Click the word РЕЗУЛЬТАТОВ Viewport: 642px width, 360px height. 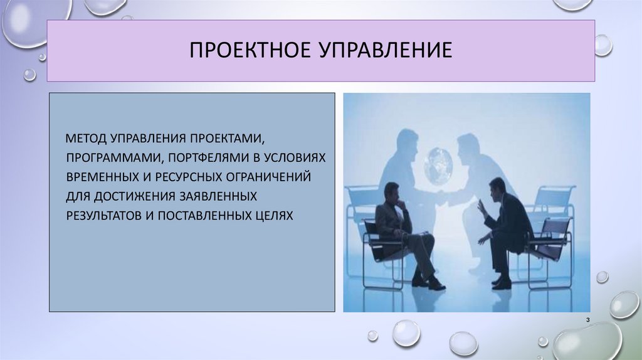(101, 215)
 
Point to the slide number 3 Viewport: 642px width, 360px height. (588, 321)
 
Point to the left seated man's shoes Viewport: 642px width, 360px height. (428, 283)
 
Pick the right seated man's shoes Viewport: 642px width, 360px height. (502, 282)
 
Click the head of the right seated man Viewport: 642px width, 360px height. (497, 188)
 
